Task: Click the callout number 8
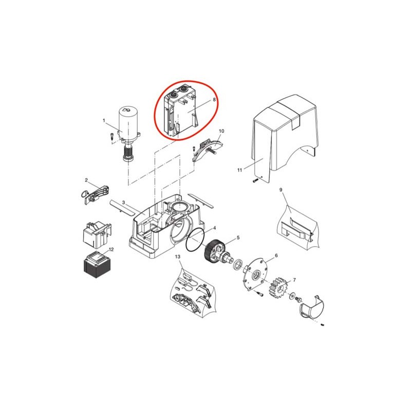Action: click(214, 100)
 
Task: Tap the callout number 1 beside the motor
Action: click(104, 121)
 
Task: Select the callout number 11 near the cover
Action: click(239, 170)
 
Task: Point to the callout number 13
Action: click(178, 256)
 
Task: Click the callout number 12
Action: click(111, 249)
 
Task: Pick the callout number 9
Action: click(281, 190)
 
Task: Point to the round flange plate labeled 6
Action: click(254, 274)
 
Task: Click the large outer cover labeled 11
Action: click(286, 139)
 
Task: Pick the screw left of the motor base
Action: click(111, 137)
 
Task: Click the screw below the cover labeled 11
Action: click(255, 181)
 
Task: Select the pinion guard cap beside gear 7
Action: click(312, 307)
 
